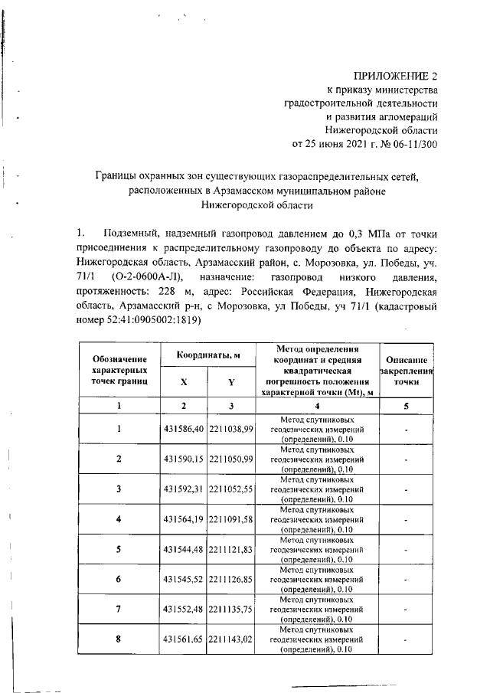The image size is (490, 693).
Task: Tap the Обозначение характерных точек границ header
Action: tap(119, 370)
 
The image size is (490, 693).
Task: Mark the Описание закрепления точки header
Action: tap(406, 370)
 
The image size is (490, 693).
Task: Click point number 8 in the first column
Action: tap(119, 639)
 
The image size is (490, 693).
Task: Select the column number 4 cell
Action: tap(320, 406)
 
